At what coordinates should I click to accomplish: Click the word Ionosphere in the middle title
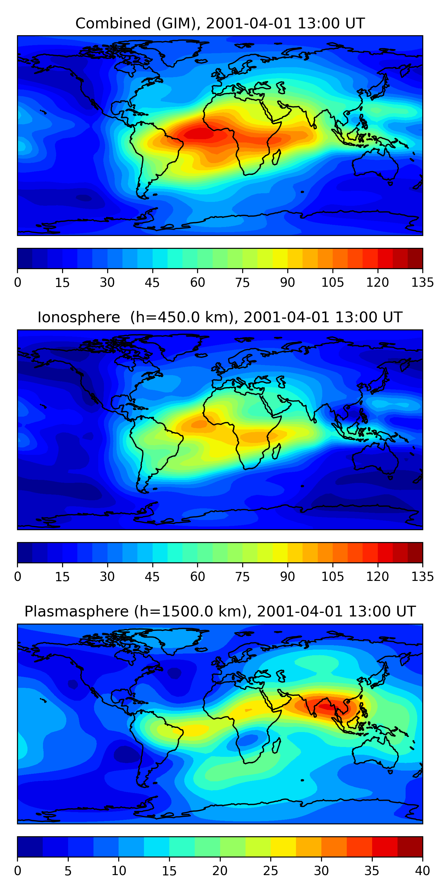coord(79,317)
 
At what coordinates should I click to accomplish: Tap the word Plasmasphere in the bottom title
coord(76,611)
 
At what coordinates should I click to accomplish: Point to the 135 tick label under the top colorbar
coord(422,283)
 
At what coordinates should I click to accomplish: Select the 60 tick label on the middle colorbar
coord(197,577)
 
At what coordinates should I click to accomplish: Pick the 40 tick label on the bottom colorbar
coord(422,871)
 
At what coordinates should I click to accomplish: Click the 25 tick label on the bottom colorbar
coord(270,871)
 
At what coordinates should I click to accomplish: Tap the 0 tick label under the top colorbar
coord(18,283)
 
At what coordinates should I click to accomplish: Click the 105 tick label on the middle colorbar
coord(332,577)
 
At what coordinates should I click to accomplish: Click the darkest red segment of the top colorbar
coord(415,258)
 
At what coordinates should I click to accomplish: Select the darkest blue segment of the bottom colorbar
coord(30,847)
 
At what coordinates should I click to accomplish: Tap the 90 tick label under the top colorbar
coord(287,283)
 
